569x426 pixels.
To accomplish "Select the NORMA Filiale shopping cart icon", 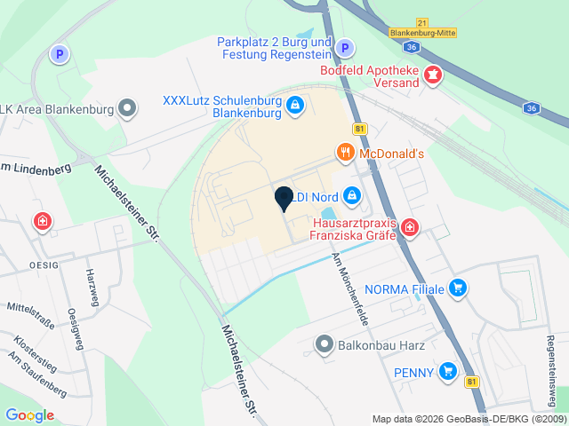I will [458, 288].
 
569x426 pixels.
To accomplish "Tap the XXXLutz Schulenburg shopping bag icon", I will [295, 107].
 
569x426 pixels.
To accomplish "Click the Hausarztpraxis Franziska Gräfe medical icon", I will [409, 228].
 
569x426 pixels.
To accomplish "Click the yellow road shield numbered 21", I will [422, 21].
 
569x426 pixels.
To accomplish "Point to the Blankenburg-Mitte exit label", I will [423, 33].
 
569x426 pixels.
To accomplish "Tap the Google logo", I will [29, 414].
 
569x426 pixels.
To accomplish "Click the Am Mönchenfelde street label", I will [349, 287].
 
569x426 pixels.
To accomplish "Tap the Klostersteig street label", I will [33, 348].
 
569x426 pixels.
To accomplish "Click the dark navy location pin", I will [284, 199].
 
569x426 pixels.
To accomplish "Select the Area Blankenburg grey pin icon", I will [129, 109].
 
